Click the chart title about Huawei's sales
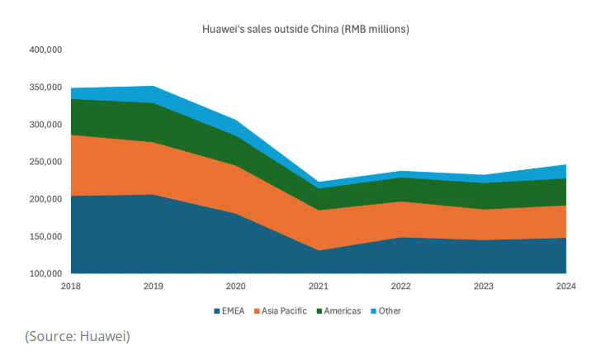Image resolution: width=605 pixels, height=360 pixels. coord(305,30)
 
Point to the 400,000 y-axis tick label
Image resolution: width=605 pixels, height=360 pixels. coord(45,50)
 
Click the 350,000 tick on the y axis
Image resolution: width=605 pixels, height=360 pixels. coord(45,88)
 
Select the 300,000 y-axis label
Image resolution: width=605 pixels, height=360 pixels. coord(45,125)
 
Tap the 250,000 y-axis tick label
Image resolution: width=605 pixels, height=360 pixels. coord(45,162)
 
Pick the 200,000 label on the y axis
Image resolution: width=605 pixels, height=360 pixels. coord(45,199)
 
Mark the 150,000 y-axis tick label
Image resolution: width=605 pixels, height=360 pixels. coord(45,236)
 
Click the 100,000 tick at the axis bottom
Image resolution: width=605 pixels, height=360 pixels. coord(45,273)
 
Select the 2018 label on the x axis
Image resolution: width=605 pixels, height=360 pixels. coord(71,286)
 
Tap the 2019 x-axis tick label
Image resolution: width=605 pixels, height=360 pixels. coord(154,286)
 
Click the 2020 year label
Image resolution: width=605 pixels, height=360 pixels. coord(236,286)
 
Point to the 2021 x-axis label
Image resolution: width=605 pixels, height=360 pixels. coord(319,286)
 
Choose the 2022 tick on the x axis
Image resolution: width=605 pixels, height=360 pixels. coord(401,286)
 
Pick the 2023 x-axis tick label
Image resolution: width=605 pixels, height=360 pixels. coord(484,286)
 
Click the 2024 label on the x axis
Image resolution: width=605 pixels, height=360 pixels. coord(566,286)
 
